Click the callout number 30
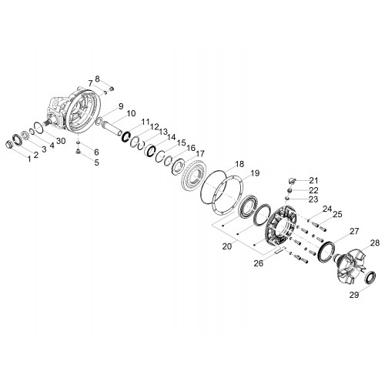pyautogui.click(x=62, y=141)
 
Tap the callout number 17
pyautogui.click(x=200, y=154)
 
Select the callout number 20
pyautogui.click(x=227, y=246)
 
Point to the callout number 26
pyautogui.click(x=259, y=263)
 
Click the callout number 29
pyautogui.click(x=354, y=295)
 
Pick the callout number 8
pyautogui.click(x=97, y=79)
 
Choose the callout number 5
pyautogui.click(x=96, y=162)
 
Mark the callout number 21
pyautogui.click(x=313, y=180)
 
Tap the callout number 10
pyautogui.click(x=131, y=113)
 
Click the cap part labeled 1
pyautogui.click(x=9, y=145)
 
